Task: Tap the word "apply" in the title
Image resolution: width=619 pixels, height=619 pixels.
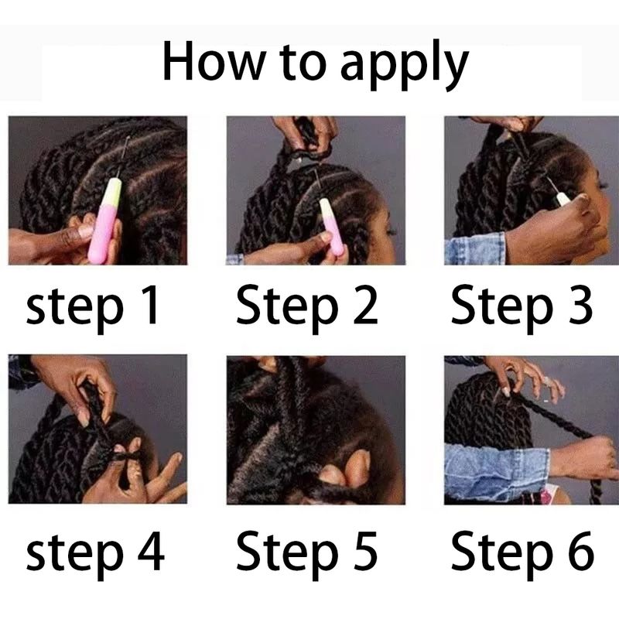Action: (404, 65)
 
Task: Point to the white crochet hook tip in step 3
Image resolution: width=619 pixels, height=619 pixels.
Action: (562, 198)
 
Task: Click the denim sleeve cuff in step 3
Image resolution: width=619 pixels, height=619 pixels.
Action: (475, 248)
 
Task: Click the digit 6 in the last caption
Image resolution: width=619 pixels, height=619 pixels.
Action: (581, 551)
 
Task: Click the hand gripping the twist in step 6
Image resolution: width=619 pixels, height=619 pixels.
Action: (584, 458)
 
